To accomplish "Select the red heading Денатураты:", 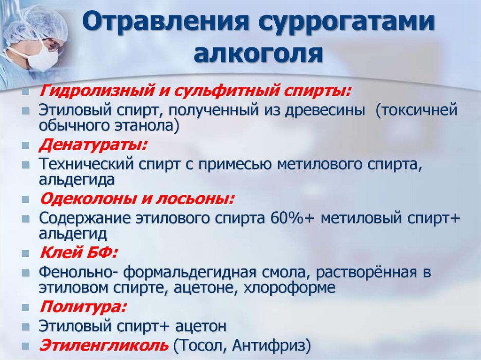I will pyautogui.click(x=93, y=144).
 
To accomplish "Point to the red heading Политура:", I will pyautogui.click(x=83, y=307).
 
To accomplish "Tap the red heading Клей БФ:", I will pyautogui.click(x=78, y=253).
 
